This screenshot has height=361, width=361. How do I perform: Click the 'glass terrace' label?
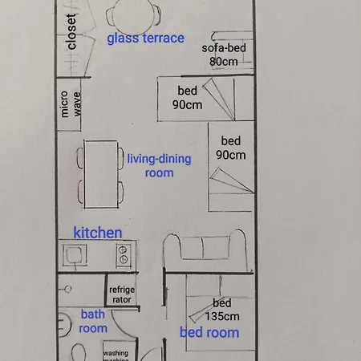(x=145, y=38)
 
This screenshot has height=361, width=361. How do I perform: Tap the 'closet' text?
(x=72, y=32)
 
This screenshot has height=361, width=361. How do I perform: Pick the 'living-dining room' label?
(x=159, y=165)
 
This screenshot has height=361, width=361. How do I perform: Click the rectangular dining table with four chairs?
(x=101, y=172)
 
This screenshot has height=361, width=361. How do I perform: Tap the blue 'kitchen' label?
(x=98, y=233)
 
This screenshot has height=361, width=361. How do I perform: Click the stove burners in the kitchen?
(x=123, y=255)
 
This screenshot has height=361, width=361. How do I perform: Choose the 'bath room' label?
(x=92, y=321)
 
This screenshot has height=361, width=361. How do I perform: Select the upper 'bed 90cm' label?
(x=186, y=98)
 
